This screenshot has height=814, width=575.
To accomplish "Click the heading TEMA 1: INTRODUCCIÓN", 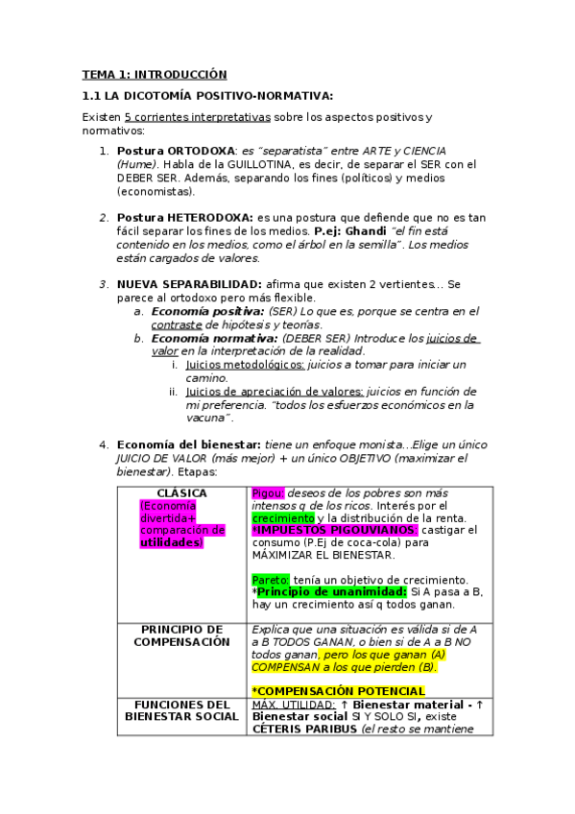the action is coord(155,74).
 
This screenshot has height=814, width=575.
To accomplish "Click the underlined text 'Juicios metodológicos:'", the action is coord(245,365).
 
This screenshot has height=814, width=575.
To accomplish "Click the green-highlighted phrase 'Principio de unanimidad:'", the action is coord(324,592).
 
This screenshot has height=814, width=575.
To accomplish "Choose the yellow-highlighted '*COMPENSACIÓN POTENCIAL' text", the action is coord(337,691).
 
